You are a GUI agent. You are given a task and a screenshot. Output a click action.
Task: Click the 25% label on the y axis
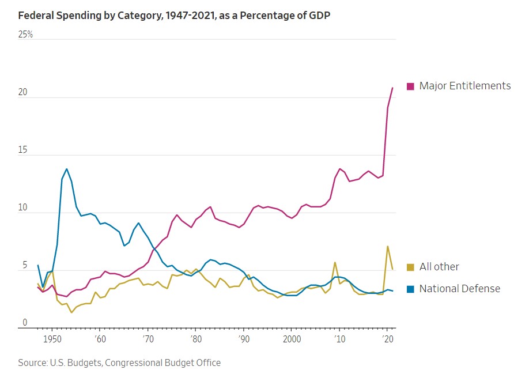[x=26, y=35]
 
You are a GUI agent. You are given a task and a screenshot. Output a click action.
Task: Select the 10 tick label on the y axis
[x=24, y=208]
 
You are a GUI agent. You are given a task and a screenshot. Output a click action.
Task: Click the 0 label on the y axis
[x=24, y=323]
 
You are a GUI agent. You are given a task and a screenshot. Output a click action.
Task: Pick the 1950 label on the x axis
[x=52, y=339]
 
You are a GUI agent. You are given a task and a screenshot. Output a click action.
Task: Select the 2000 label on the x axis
[x=292, y=339]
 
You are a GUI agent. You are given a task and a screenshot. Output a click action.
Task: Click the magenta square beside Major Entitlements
[x=410, y=86]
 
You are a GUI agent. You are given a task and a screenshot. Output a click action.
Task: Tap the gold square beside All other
[x=410, y=267]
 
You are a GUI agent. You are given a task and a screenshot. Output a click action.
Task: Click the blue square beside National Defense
[x=410, y=289]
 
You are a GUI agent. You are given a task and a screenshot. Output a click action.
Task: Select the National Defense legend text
[x=460, y=289]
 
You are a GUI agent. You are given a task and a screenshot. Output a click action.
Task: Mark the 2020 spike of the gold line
[x=387, y=246]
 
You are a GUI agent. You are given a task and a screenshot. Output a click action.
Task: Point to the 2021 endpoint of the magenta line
[x=392, y=88]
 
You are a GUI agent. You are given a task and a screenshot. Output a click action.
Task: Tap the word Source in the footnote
[x=32, y=363]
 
